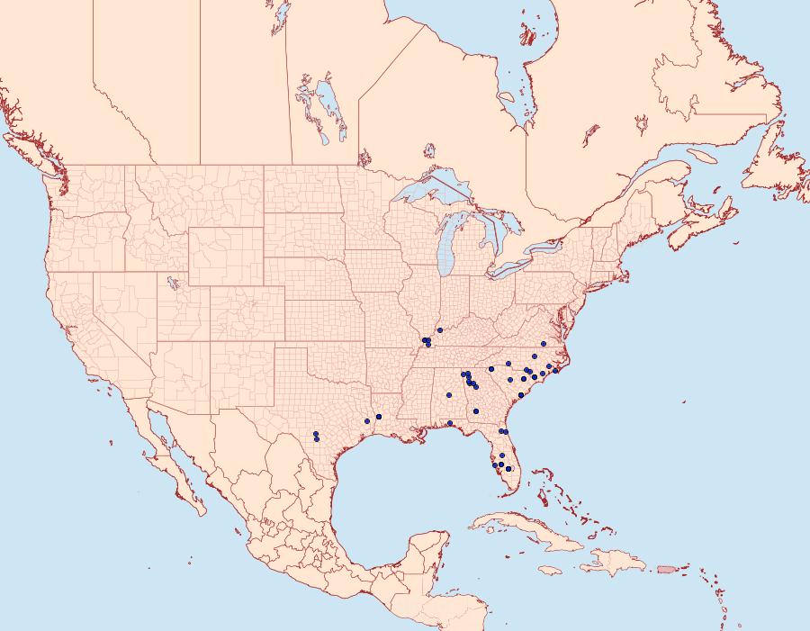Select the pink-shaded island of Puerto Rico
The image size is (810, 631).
(666, 568)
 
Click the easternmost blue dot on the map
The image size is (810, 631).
(556, 371)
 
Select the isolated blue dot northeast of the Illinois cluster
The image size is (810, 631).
(439, 330)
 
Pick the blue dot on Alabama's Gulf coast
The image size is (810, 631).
(449, 423)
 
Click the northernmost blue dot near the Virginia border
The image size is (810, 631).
(544, 344)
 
